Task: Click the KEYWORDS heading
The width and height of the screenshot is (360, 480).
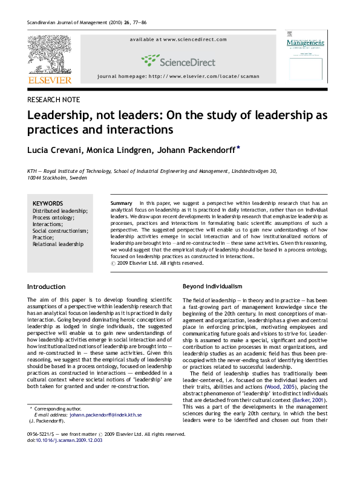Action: (48, 203)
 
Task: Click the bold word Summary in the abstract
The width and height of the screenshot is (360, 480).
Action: (122, 200)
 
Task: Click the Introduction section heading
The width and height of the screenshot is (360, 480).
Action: (47, 285)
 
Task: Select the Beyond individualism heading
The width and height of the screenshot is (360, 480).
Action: (212, 285)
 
